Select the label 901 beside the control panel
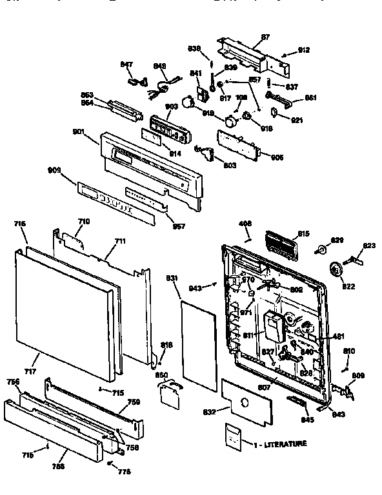(78, 132)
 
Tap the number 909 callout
(54, 170)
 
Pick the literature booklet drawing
(235, 436)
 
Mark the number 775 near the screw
(125, 471)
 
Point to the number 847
(127, 64)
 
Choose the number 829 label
(336, 240)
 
